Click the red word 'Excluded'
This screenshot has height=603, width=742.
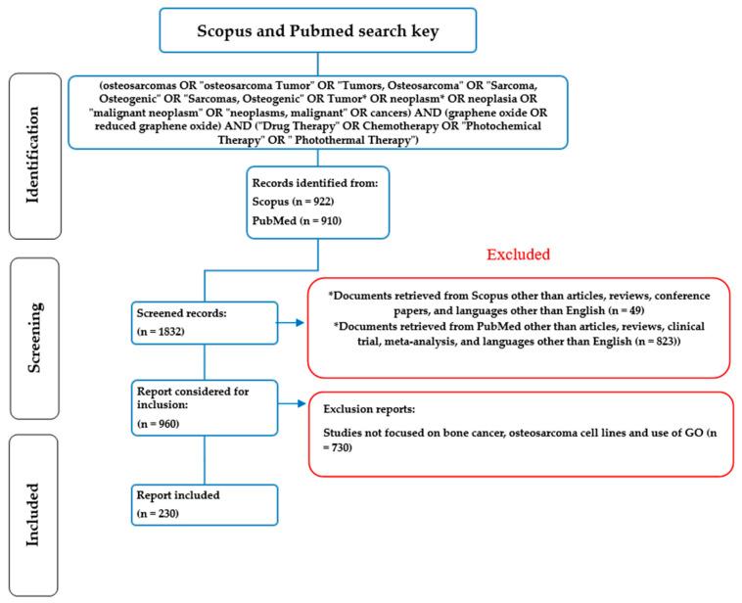pyautogui.click(x=520, y=255)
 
